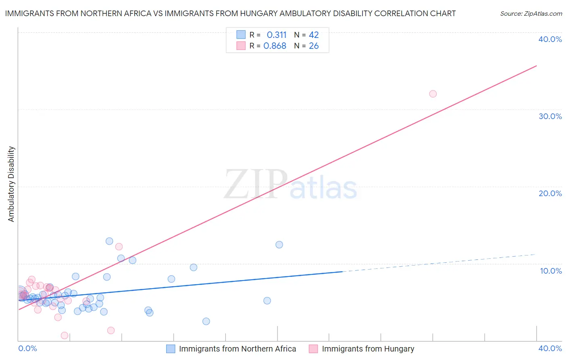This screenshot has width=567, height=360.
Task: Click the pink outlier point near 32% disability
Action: click(433, 94)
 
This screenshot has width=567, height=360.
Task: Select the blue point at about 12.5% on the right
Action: click(279, 245)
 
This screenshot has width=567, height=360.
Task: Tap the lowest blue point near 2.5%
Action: click(206, 321)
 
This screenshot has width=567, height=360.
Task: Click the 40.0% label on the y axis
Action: click(550, 39)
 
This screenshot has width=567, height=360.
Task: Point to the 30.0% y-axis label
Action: click(550, 116)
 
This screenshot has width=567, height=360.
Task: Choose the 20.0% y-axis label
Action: click(550, 193)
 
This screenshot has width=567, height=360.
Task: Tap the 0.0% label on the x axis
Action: click(28, 348)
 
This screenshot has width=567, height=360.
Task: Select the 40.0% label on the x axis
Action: click(550, 348)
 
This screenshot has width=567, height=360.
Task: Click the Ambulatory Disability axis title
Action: click(11, 184)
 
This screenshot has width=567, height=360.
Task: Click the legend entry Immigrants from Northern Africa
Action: click(237, 349)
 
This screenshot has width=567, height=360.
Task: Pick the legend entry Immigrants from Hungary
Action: click(368, 349)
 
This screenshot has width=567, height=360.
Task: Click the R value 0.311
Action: click(276, 35)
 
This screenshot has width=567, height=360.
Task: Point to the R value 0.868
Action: click(275, 46)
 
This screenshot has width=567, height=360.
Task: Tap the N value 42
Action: click(314, 35)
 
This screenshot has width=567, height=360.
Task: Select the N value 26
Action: click(314, 46)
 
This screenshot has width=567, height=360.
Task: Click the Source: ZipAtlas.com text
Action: click(531, 14)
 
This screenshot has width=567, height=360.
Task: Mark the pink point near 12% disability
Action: click(119, 247)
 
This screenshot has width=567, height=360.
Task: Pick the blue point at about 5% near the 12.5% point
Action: click(267, 301)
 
